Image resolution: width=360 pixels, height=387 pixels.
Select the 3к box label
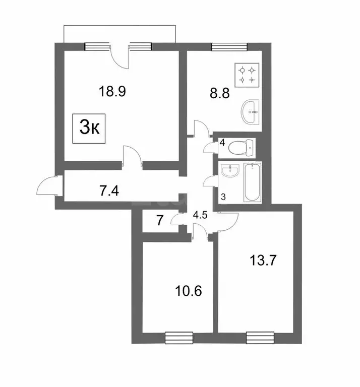pyautogui.click(x=90, y=128)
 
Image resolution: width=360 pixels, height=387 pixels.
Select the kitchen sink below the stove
pyautogui.click(x=251, y=111)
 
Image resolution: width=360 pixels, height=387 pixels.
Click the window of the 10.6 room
pyautogui.click(x=179, y=337)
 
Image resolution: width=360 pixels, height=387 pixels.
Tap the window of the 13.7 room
pyautogui.click(x=260, y=337)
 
